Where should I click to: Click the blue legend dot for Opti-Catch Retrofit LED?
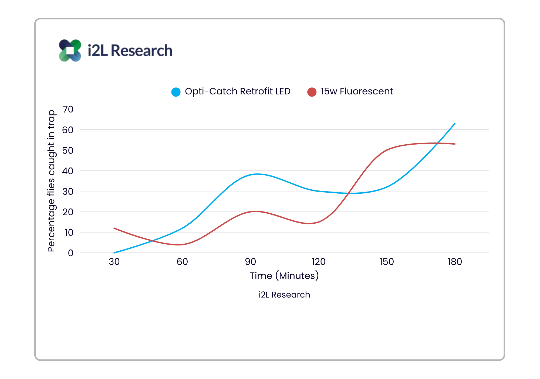point(176,92)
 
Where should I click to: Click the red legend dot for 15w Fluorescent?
point(312,92)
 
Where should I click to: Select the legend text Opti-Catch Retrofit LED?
point(237,91)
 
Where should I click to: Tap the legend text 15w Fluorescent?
point(357,91)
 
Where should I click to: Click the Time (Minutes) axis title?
point(284,276)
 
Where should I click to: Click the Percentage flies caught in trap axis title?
point(52,181)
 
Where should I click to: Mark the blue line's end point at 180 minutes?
point(455,122)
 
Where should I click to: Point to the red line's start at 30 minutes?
point(114,228)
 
